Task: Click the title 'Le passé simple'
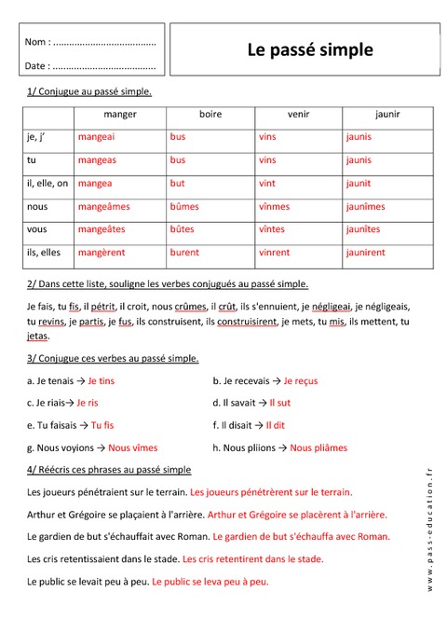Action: point(309,50)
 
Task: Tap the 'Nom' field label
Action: point(37,42)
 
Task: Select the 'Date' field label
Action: point(37,66)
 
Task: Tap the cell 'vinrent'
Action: point(274,252)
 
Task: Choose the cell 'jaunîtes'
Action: point(363,228)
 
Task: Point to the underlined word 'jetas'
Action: point(38,336)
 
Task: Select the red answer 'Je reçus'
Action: point(300,380)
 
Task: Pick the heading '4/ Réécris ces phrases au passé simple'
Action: point(109,469)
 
